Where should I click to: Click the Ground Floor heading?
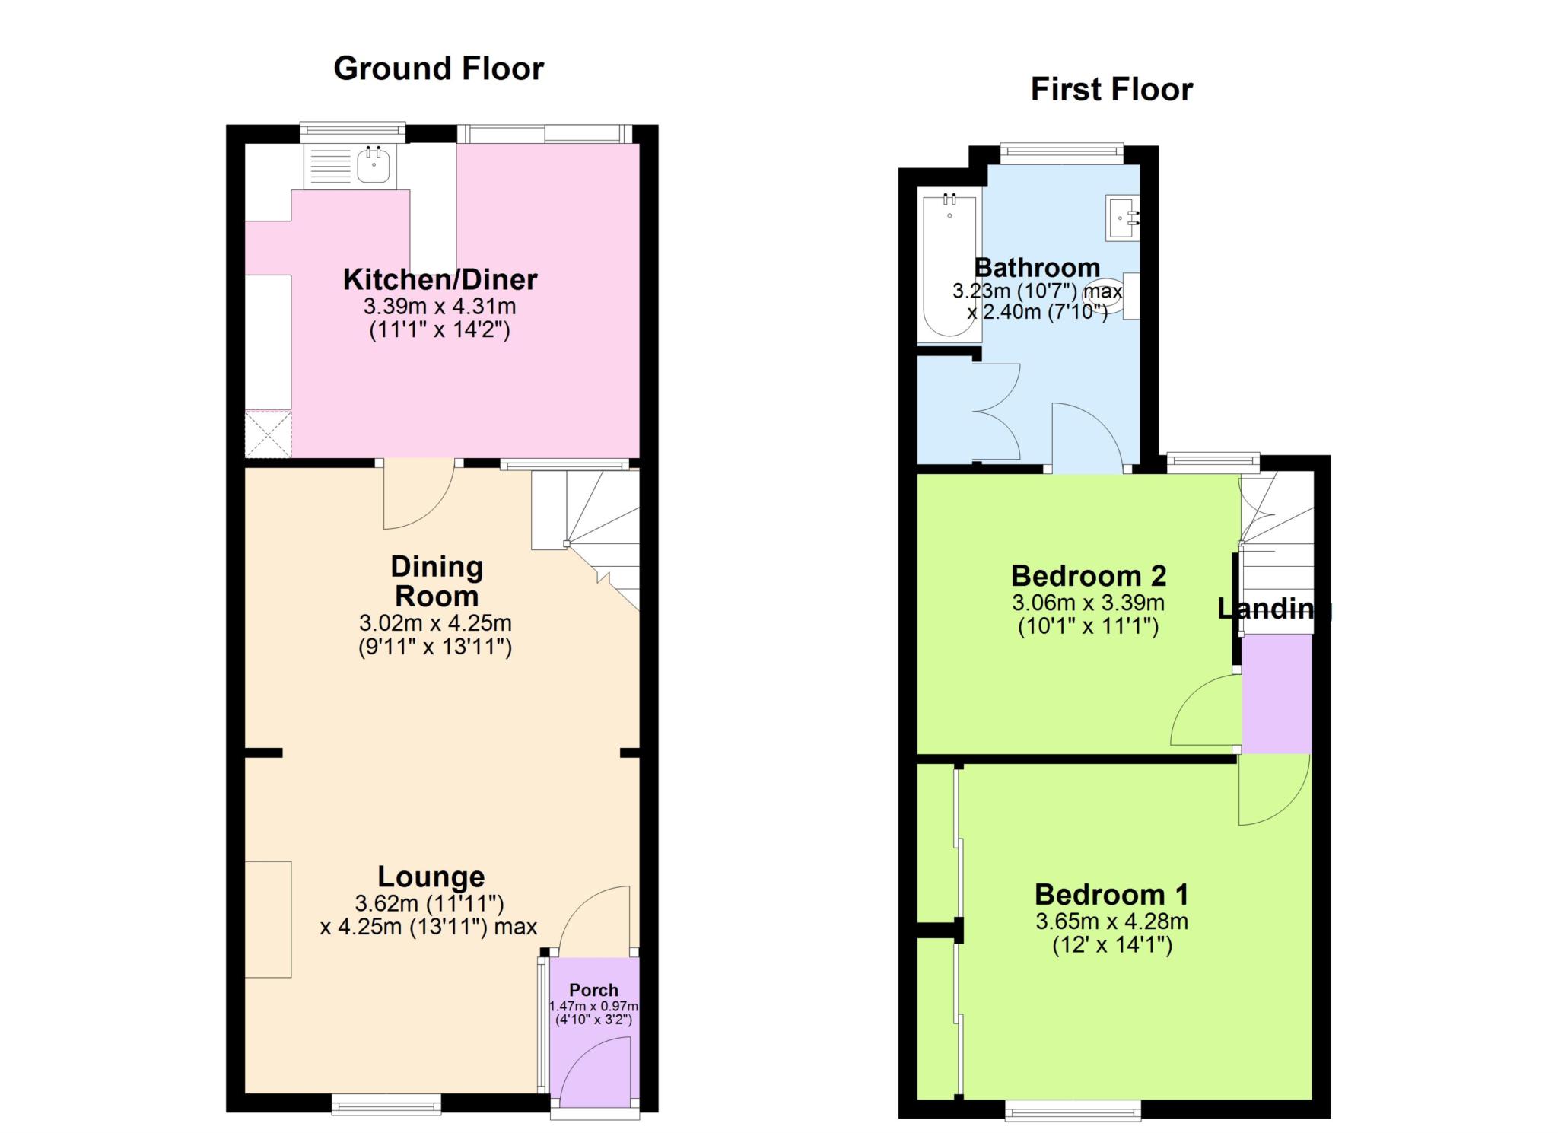(x=439, y=69)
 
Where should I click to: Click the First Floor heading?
(x=1111, y=90)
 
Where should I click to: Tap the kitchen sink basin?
(x=373, y=165)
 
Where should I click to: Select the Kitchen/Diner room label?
(x=440, y=279)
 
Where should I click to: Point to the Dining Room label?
(x=436, y=581)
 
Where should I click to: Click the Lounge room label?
(x=431, y=877)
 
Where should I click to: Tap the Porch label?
(x=593, y=990)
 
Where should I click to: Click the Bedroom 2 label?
(x=1088, y=576)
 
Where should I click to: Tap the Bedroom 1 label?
(x=1111, y=894)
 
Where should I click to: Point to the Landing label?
(x=1274, y=609)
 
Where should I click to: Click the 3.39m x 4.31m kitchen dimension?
(x=440, y=307)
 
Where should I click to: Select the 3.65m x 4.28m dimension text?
(x=1111, y=921)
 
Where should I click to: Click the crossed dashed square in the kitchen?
(x=268, y=434)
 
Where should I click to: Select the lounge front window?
(x=386, y=1104)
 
